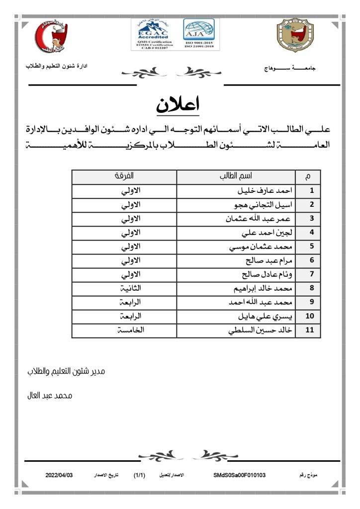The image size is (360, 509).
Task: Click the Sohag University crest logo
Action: (295, 36)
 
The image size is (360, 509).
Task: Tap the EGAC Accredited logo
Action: (153, 34)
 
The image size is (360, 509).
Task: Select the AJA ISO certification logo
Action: (199, 34)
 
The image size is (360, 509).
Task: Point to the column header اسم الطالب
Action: (236, 176)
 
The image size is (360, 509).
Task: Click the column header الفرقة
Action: (124, 176)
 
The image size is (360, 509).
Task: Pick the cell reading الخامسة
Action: (131, 330)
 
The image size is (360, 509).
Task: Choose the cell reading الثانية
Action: (131, 288)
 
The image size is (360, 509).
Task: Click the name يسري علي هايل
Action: (268, 316)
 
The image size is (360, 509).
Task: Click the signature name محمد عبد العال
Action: (50, 396)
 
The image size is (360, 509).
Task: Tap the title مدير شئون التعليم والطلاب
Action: (66, 371)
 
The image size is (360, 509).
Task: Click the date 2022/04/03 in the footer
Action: (59, 475)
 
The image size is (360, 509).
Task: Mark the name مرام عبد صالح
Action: (271, 260)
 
